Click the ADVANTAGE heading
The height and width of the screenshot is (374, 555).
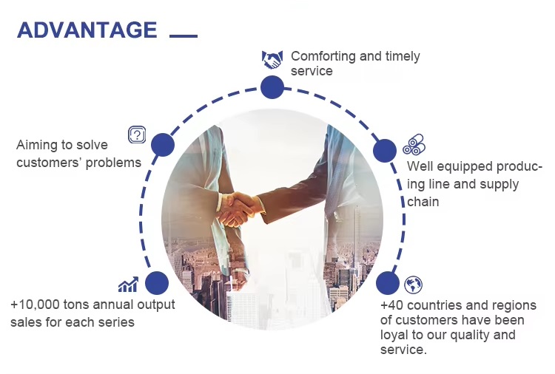[87, 30]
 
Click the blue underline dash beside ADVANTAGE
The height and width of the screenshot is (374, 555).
[184, 35]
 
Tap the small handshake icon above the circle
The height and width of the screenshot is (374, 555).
[272, 59]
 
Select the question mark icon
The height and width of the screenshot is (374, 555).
[137, 135]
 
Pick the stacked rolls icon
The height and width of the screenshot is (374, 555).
[414, 144]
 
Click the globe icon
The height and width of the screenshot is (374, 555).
[413, 285]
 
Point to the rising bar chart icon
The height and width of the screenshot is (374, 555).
[128, 285]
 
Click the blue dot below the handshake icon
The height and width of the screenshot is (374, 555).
[272, 87]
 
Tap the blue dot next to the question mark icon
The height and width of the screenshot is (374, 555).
[163, 145]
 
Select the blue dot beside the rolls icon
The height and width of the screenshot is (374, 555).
[385, 151]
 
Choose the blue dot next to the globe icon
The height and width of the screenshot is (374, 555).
[388, 283]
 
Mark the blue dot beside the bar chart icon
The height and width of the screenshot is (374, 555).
[157, 283]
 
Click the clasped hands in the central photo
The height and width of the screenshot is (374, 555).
[238, 208]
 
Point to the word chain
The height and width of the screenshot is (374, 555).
[423, 202]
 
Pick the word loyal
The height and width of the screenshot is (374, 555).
[394, 335]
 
